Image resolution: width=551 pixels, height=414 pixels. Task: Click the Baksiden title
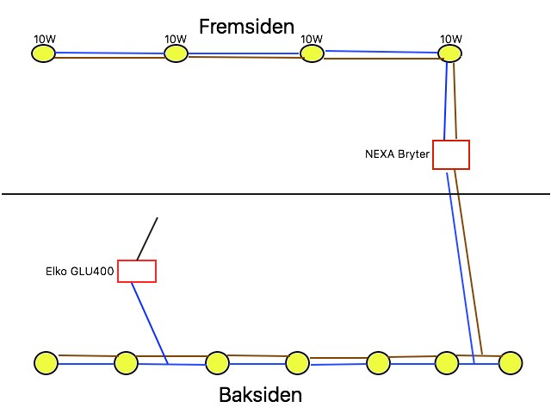pyautogui.click(x=261, y=396)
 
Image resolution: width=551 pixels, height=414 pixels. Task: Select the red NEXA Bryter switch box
pyautogui.click(x=450, y=154)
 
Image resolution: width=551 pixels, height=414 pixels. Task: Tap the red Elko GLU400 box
pyautogui.click(x=136, y=271)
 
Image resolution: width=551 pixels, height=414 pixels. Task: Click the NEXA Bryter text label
pyautogui.click(x=397, y=155)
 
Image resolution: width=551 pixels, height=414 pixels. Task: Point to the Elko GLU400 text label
pyautogui.click(x=79, y=271)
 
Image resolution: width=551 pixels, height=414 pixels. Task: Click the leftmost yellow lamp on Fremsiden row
pyautogui.click(x=43, y=54)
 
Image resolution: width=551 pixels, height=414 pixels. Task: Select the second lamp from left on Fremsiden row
pyautogui.click(x=176, y=54)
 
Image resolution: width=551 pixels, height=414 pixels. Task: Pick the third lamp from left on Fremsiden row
pyautogui.click(x=312, y=54)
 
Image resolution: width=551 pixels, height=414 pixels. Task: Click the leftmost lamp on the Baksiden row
pyautogui.click(x=45, y=363)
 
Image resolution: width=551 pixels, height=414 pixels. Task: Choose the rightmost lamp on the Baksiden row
pyautogui.click(x=511, y=363)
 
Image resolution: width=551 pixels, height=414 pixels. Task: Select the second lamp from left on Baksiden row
pyautogui.click(x=127, y=363)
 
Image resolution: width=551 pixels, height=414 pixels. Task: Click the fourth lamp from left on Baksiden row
pyautogui.click(x=297, y=363)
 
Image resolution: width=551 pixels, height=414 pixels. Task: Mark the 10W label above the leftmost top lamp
pyautogui.click(x=45, y=39)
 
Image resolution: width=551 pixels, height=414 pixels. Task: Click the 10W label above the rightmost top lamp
pyautogui.click(x=451, y=39)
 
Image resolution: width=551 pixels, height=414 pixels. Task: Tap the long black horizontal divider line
pyautogui.click(x=275, y=194)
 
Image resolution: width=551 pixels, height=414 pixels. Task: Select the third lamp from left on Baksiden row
pyautogui.click(x=218, y=363)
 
